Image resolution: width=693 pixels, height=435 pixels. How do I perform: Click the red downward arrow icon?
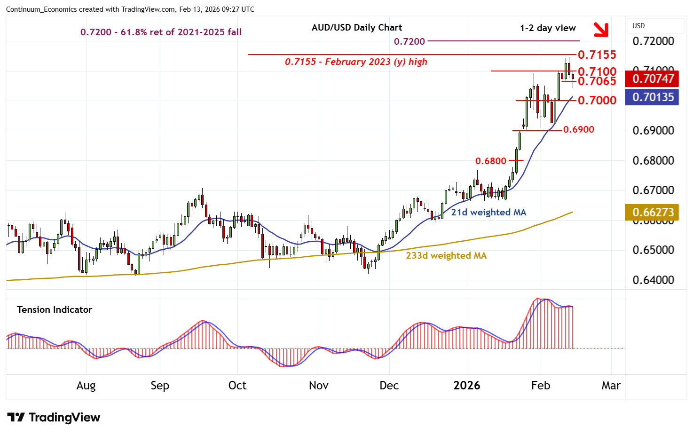[600, 30]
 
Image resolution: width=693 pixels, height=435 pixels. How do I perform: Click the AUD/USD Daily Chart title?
[357, 27]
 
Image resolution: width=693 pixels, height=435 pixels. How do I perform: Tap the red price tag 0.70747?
[653, 79]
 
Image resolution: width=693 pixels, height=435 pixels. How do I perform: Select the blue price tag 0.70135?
[653, 97]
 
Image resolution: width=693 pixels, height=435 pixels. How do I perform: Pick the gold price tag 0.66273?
[653, 212]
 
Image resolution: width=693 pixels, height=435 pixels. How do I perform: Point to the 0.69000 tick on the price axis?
[653, 131]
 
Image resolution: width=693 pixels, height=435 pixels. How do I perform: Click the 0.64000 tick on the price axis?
[653, 280]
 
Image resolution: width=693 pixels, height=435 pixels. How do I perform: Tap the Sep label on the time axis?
[160, 386]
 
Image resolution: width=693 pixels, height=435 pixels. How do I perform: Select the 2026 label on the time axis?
[466, 386]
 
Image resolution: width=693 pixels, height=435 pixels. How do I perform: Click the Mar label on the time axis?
[611, 386]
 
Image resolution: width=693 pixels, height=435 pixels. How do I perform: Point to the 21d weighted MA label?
[488, 212]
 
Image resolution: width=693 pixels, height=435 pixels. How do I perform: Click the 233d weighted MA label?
[446, 255]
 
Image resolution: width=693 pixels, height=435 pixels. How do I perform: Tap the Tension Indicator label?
[55, 309]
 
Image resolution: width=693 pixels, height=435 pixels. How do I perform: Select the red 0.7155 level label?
[597, 55]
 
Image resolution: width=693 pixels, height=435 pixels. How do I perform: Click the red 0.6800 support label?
[490, 161]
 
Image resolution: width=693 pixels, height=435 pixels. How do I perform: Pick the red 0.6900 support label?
[578, 129]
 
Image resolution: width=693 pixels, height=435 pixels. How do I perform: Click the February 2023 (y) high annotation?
[356, 62]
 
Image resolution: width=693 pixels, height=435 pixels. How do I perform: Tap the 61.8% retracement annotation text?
[161, 32]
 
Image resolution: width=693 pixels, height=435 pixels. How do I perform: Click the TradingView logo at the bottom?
[54, 417]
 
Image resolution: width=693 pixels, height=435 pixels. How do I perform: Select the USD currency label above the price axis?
[638, 26]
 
